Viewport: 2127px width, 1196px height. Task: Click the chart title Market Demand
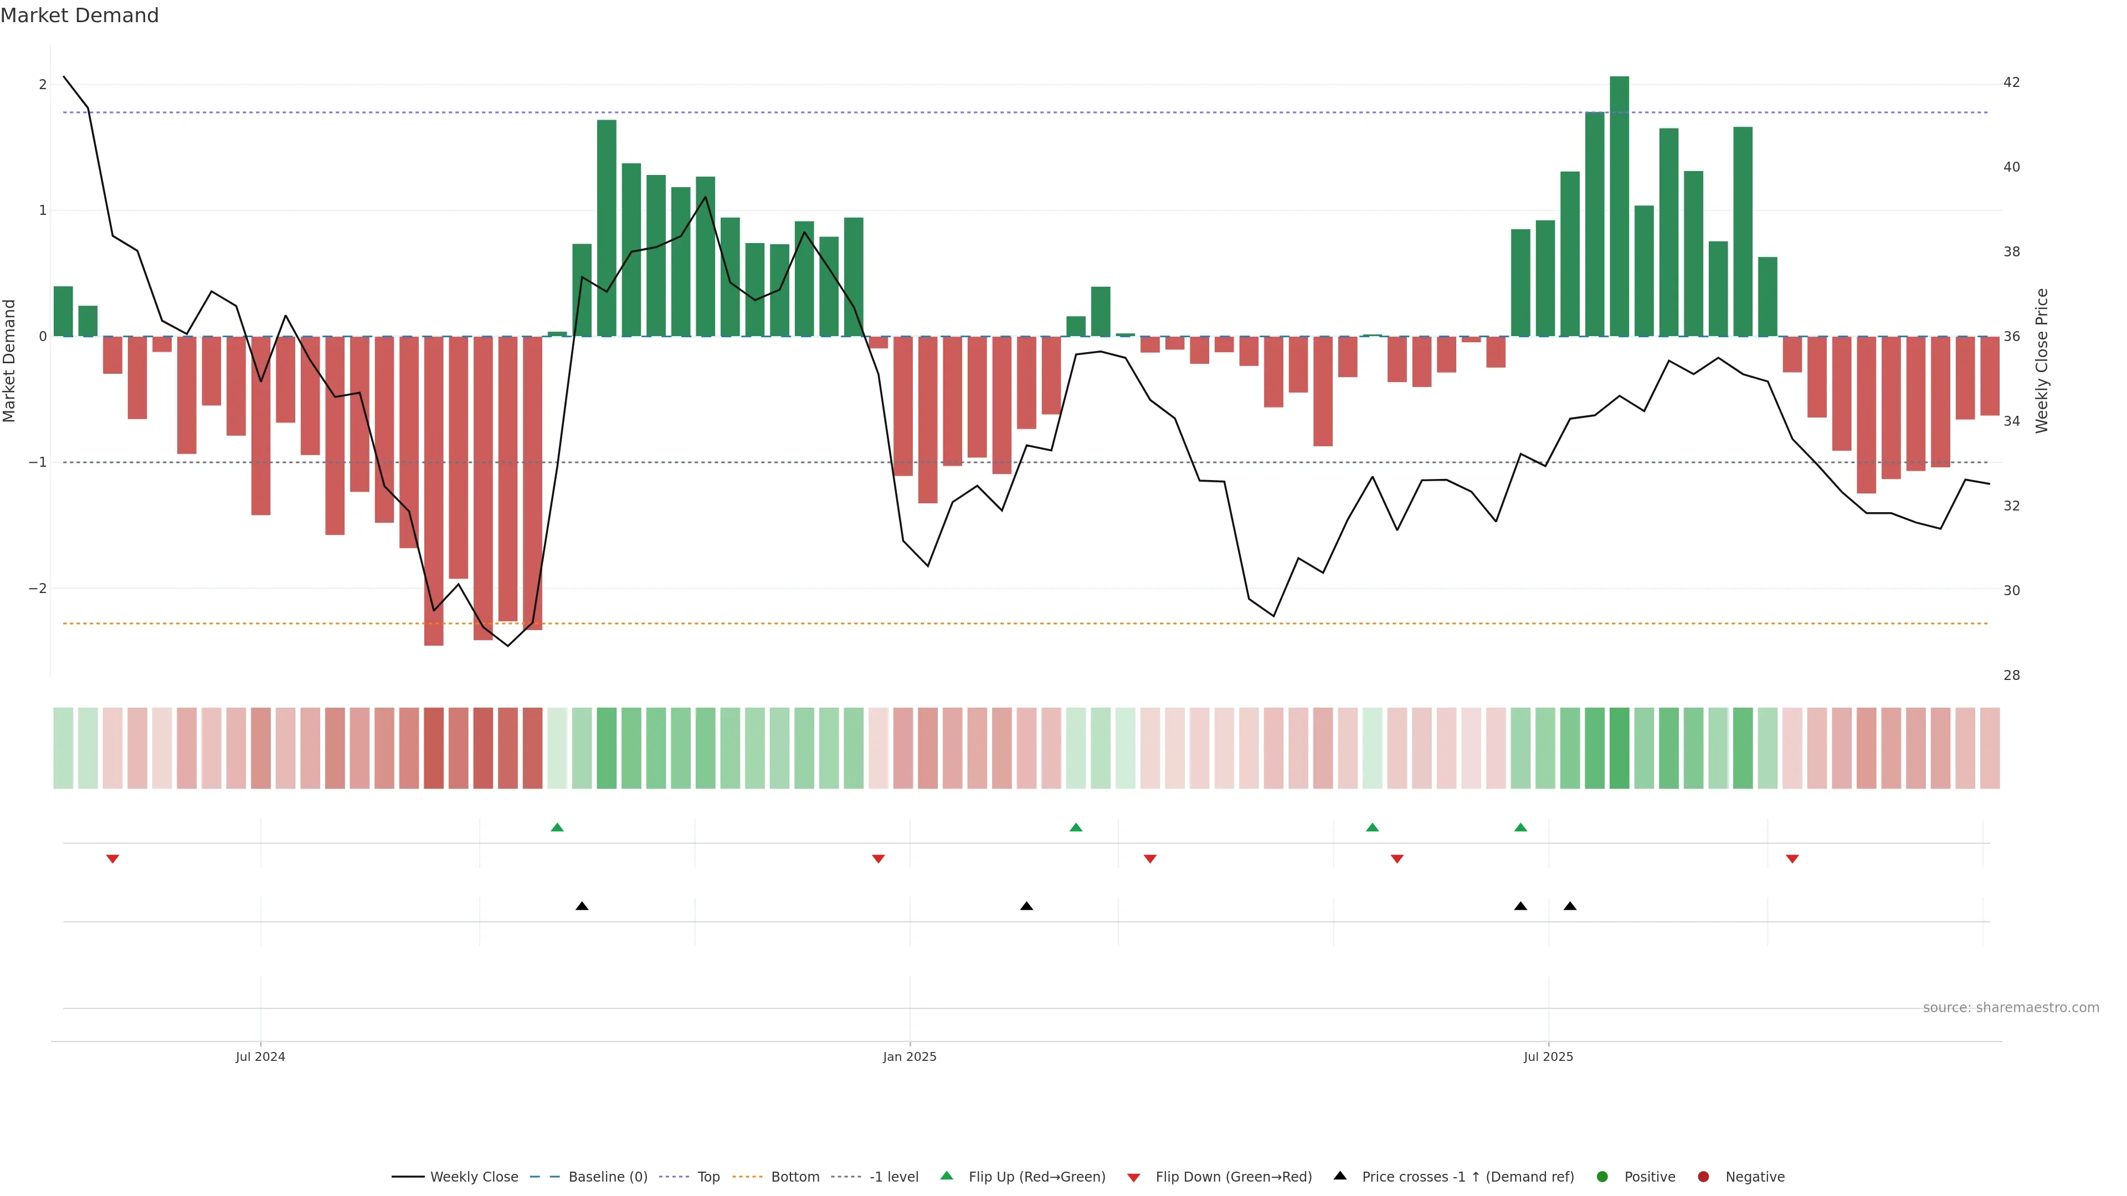pyautogui.click(x=79, y=16)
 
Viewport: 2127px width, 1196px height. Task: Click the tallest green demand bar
pyautogui.click(x=1619, y=207)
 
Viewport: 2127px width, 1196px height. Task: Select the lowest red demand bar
pyautogui.click(x=434, y=491)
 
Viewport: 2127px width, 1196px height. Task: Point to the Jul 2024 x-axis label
pyautogui.click(x=260, y=1056)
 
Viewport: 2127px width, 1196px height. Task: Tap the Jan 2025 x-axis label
pyautogui.click(x=909, y=1056)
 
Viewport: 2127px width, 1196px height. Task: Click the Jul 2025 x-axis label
pyautogui.click(x=1548, y=1056)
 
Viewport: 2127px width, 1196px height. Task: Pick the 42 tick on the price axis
pyautogui.click(x=2011, y=83)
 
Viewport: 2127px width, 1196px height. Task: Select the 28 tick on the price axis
pyautogui.click(x=2011, y=675)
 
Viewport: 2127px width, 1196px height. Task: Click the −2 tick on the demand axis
pyautogui.click(x=37, y=589)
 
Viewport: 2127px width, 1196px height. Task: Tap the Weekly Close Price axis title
pyautogui.click(x=2042, y=360)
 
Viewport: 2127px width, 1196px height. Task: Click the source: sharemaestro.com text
pyautogui.click(x=2011, y=1008)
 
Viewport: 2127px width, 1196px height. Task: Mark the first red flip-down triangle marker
pyautogui.click(x=113, y=859)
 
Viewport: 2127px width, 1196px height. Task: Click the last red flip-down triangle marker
pyautogui.click(x=1792, y=859)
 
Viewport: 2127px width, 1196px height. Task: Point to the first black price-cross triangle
pyautogui.click(x=582, y=906)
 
